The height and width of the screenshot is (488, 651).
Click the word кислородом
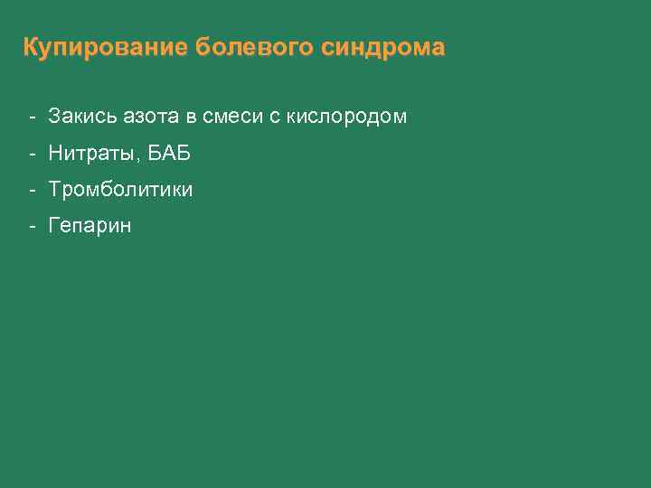coord(346,117)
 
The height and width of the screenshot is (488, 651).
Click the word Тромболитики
coord(120,190)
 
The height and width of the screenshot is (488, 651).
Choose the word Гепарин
coord(90,227)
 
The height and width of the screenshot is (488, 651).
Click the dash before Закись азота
coord(32,117)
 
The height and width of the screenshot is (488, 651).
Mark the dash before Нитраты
coord(32,154)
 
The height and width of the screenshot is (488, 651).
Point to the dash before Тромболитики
coord(32,190)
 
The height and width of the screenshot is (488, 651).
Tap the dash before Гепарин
coord(32,226)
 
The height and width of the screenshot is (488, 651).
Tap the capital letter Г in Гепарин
coord(54,226)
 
